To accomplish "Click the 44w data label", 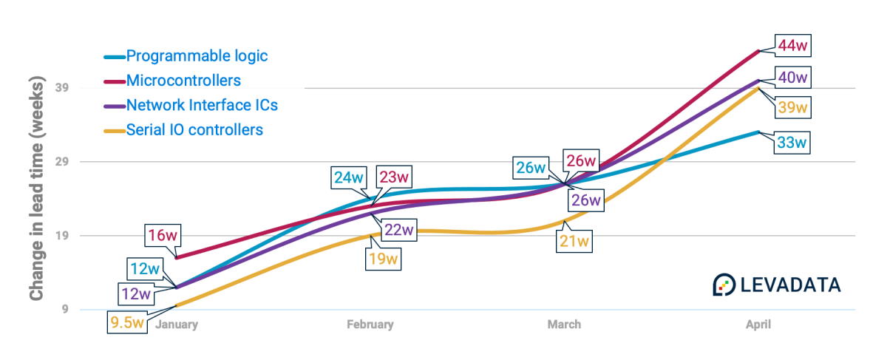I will [792, 46].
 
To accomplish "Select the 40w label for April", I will [792, 78].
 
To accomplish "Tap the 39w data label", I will [792, 108].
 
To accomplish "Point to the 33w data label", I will [792, 143].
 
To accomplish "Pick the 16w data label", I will [160, 237].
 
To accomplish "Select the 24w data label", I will [349, 177].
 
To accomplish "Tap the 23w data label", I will [394, 177].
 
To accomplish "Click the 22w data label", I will [398, 230].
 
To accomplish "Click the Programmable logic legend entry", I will [197, 55].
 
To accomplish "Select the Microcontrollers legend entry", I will [183, 80].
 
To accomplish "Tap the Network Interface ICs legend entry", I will [202, 105].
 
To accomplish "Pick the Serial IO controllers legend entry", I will [194, 130].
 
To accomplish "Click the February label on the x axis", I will [370, 325].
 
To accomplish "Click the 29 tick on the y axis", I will [61, 162].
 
